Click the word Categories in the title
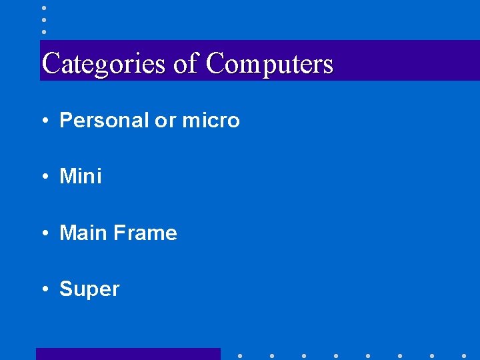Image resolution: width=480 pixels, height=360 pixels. click(103, 64)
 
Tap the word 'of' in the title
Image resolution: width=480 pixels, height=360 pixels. click(185, 64)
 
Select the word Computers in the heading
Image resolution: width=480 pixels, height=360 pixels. click(269, 64)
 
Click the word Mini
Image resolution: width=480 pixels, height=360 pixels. click(81, 177)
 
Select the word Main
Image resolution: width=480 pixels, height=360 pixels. click(83, 233)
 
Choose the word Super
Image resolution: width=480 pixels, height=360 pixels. click(89, 289)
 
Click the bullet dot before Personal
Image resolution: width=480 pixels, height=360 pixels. click(43, 121)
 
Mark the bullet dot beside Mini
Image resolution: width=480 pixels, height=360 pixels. click(43, 177)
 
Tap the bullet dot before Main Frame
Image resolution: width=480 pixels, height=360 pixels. click(43, 233)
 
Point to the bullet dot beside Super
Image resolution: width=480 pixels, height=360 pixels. click(43, 290)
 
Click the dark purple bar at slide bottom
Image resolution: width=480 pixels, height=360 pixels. click(128, 354)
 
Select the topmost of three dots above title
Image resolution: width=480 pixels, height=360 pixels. click(43, 8)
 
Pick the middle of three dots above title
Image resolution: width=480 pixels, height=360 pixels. click(43, 20)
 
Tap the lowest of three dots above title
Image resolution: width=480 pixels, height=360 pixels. click(43, 31)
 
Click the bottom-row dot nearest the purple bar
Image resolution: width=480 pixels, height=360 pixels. click(240, 355)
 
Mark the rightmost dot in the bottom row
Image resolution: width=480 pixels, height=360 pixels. click(464, 355)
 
